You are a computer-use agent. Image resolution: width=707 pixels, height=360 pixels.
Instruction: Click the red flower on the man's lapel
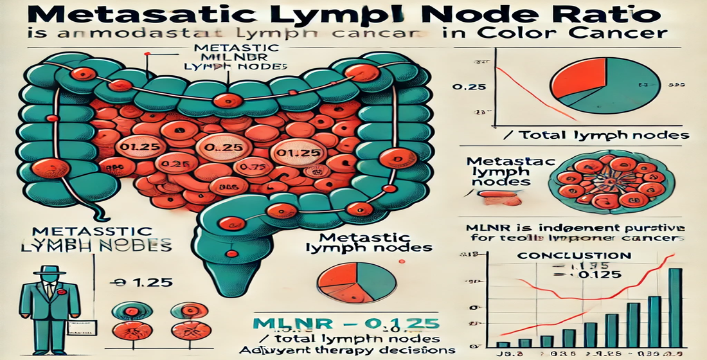pos(61,291)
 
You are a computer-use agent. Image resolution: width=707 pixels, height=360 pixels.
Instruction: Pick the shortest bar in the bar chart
pos(506,344)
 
